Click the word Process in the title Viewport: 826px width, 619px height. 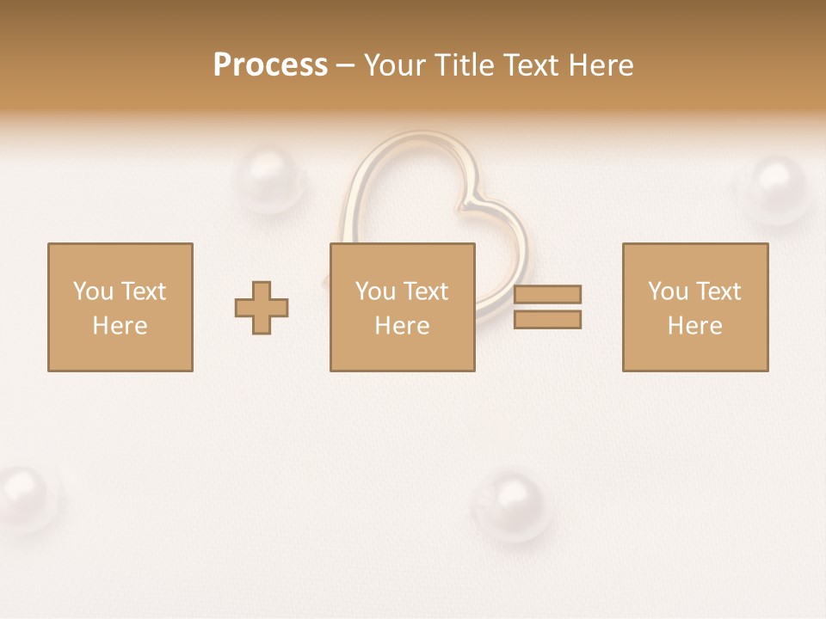tap(270, 65)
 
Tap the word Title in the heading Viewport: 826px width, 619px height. tap(466, 65)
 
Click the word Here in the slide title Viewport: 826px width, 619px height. tap(600, 65)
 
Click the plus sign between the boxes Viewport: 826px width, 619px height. tap(262, 308)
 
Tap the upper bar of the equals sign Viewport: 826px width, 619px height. tap(547, 294)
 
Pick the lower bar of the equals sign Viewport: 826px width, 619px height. tap(547, 319)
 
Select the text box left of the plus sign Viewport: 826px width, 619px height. tap(120, 307)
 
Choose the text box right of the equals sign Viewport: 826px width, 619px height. tap(694, 307)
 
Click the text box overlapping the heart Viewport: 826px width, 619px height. tap(402, 307)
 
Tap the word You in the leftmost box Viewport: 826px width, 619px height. tap(92, 291)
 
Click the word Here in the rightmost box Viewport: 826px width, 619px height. tap(694, 326)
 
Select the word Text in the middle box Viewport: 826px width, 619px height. tap(425, 291)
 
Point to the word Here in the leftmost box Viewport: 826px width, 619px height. tap(120, 326)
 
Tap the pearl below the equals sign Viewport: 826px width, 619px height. tap(511, 502)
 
